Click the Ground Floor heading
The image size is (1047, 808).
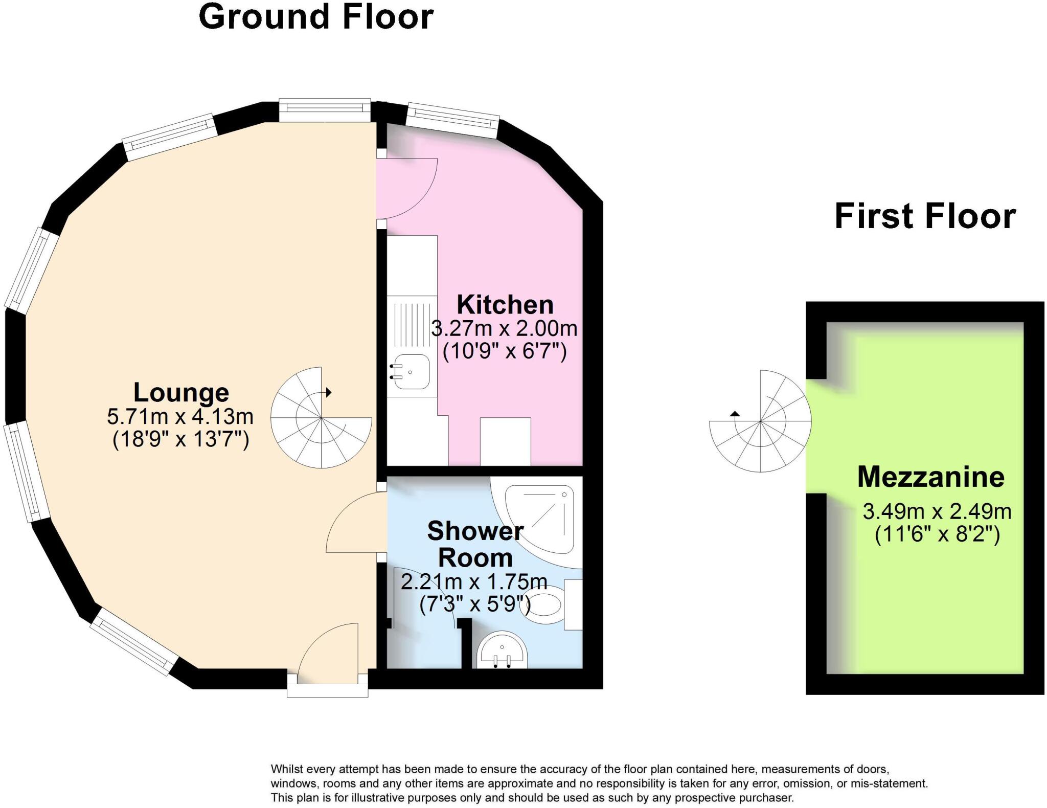point(316,16)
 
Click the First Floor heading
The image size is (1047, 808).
point(925,216)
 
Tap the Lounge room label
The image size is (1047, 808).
point(181,393)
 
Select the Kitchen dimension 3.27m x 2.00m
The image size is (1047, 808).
point(504,328)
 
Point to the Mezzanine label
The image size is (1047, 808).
point(930,477)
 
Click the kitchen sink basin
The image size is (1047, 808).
point(412,372)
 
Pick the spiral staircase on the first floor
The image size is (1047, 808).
point(760,421)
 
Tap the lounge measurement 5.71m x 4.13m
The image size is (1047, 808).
point(180,417)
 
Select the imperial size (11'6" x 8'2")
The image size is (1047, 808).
point(937,535)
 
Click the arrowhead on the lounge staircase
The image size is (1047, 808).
point(329,393)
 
